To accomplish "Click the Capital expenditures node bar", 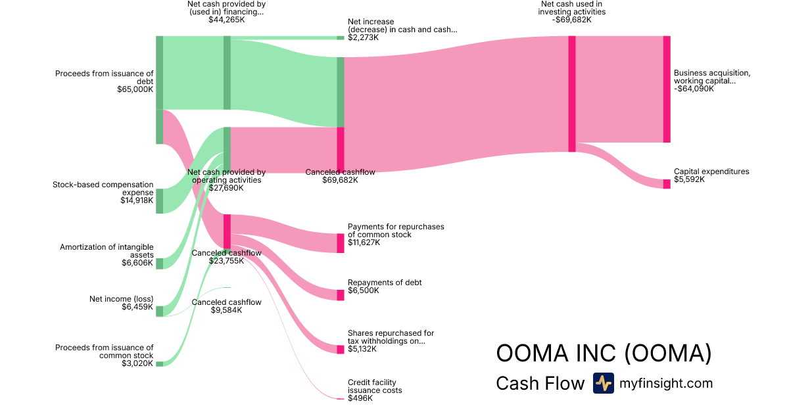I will [x=667, y=183].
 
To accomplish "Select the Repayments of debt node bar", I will [x=341, y=295].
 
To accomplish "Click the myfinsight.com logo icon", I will [x=603, y=383].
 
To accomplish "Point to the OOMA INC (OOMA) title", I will [x=604, y=354].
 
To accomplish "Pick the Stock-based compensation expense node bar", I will [x=159, y=200].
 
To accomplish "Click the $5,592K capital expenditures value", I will [x=689, y=179].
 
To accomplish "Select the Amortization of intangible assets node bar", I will [x=159, y=264].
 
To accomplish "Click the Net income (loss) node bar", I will [x=159, y=311].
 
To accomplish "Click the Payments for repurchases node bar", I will [x=341, y=243].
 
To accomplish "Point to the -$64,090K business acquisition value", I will [x=694, y=89].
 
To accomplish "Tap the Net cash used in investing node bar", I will [x=572, y=94].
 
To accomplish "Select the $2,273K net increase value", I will [x=363, y=37].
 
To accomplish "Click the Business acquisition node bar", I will [x=667, y=89].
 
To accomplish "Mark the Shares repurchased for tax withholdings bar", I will [x=341, y=350].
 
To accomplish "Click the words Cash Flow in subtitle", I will [x=540, y=384].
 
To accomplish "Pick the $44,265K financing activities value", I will [x=227, y=20].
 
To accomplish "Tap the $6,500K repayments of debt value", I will [x=364, y=290].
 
